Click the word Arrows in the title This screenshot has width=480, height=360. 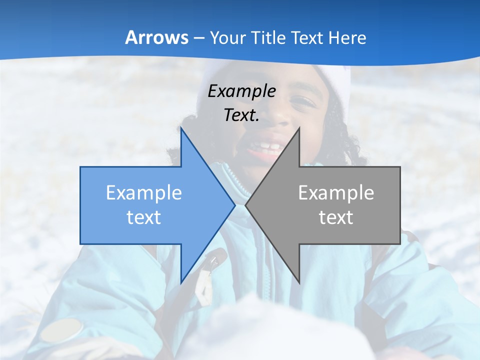(x=156, y=37)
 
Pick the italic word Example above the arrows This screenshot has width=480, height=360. (x=241, y=91)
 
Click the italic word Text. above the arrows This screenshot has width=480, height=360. (x=241, y=115)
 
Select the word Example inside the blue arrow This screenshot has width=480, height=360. (x=144, y=193)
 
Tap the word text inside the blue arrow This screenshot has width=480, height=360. (x=144, y=217)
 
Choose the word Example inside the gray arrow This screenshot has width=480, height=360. (x=336, y=193)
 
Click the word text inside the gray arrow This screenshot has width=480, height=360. (x=336, y=217)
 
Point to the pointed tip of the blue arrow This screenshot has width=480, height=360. (x=234, y=205)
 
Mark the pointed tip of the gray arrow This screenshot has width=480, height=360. (x=246, y=205)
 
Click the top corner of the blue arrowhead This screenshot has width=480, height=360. (x=181, y=128)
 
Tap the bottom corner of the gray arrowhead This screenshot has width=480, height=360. (x=299, y=282)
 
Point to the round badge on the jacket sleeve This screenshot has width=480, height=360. (x=62, y=330)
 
